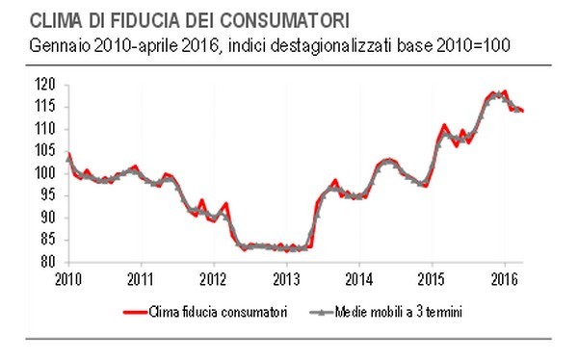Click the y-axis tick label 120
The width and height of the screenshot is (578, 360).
pos(45,85)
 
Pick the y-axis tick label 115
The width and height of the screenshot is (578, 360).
pos(45,107)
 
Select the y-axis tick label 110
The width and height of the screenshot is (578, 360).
pos(45,129)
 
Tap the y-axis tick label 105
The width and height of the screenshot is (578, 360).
pos(45,151)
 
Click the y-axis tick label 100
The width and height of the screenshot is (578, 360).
pos(45,173)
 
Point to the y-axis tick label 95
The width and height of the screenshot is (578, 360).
pos(48,195)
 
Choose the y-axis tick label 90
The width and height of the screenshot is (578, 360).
pos(48,218)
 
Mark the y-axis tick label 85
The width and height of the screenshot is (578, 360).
pos(48,240)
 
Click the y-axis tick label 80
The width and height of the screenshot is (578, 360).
pos(48,262)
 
